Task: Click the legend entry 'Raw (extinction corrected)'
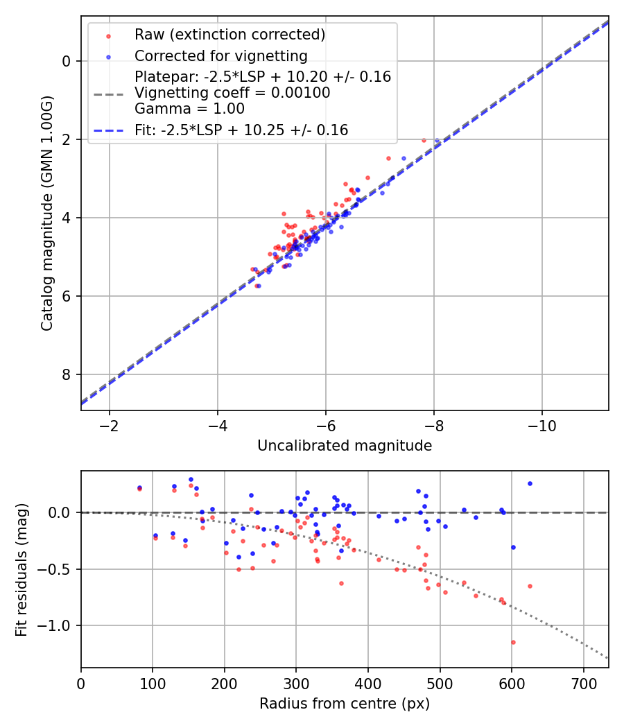[x=229, y=35]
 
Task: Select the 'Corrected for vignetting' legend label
[x=220, y=55]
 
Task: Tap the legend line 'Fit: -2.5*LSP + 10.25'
[x=241, y=130]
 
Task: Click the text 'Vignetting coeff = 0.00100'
[x=232, y=92]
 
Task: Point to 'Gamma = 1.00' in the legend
[x=189, y=108]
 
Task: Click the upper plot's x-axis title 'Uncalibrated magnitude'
[x=345, y=446]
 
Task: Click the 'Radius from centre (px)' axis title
[x=345, y=704]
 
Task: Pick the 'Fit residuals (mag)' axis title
[x=21, y=569]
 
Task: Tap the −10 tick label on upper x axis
[x=542, y=425]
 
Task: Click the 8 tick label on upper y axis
[x=67, y=374]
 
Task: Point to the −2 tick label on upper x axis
[x=109, y=425]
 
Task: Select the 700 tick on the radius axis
[x=583, y=682]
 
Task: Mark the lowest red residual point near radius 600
[x=513, y=642]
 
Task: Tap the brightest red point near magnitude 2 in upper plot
[x=424, y=140]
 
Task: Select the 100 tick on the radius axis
[x=153, y=682]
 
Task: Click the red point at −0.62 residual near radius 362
[x=341, y=583]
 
